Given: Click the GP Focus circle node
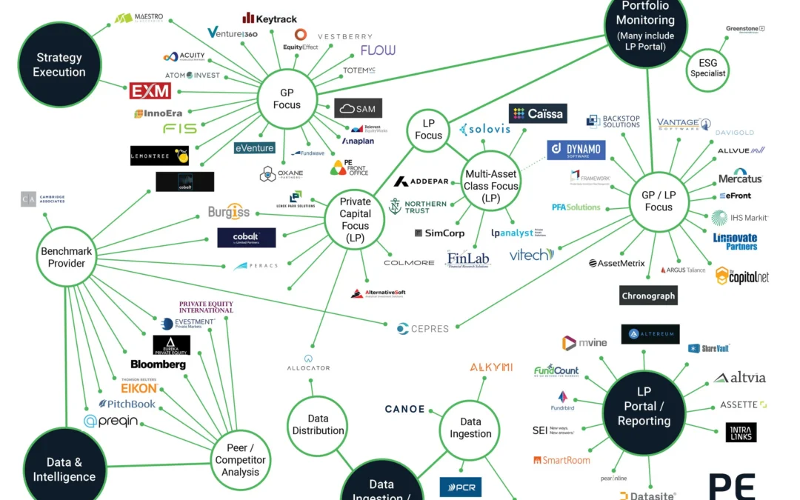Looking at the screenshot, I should (x=287, y=98).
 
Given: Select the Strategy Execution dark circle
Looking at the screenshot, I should (x=59, y=64).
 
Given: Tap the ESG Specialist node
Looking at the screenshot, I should (x=708, y=68).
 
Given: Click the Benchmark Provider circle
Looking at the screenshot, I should (x=67, y=257).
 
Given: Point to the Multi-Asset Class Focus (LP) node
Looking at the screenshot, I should (x=491, y=186).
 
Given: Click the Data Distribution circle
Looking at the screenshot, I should (x=318, y=424).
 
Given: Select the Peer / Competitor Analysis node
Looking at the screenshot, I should (x=241, y=460).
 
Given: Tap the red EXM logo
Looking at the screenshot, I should (x=150, y=91).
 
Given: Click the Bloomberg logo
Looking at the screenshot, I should (x=158, y=364).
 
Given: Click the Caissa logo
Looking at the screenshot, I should (x=538, y=113).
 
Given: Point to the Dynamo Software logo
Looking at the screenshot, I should (x=576, y=150).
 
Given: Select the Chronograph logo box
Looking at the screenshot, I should (x=648, y=296).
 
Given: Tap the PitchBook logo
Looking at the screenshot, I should (x=127, y=404).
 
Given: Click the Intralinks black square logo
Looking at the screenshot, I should (x=741, y=433).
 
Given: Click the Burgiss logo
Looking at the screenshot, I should (x=229, y=213).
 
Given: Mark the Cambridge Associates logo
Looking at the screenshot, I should (x=43, y=199).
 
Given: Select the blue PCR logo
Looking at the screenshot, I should (x=461, y=487).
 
